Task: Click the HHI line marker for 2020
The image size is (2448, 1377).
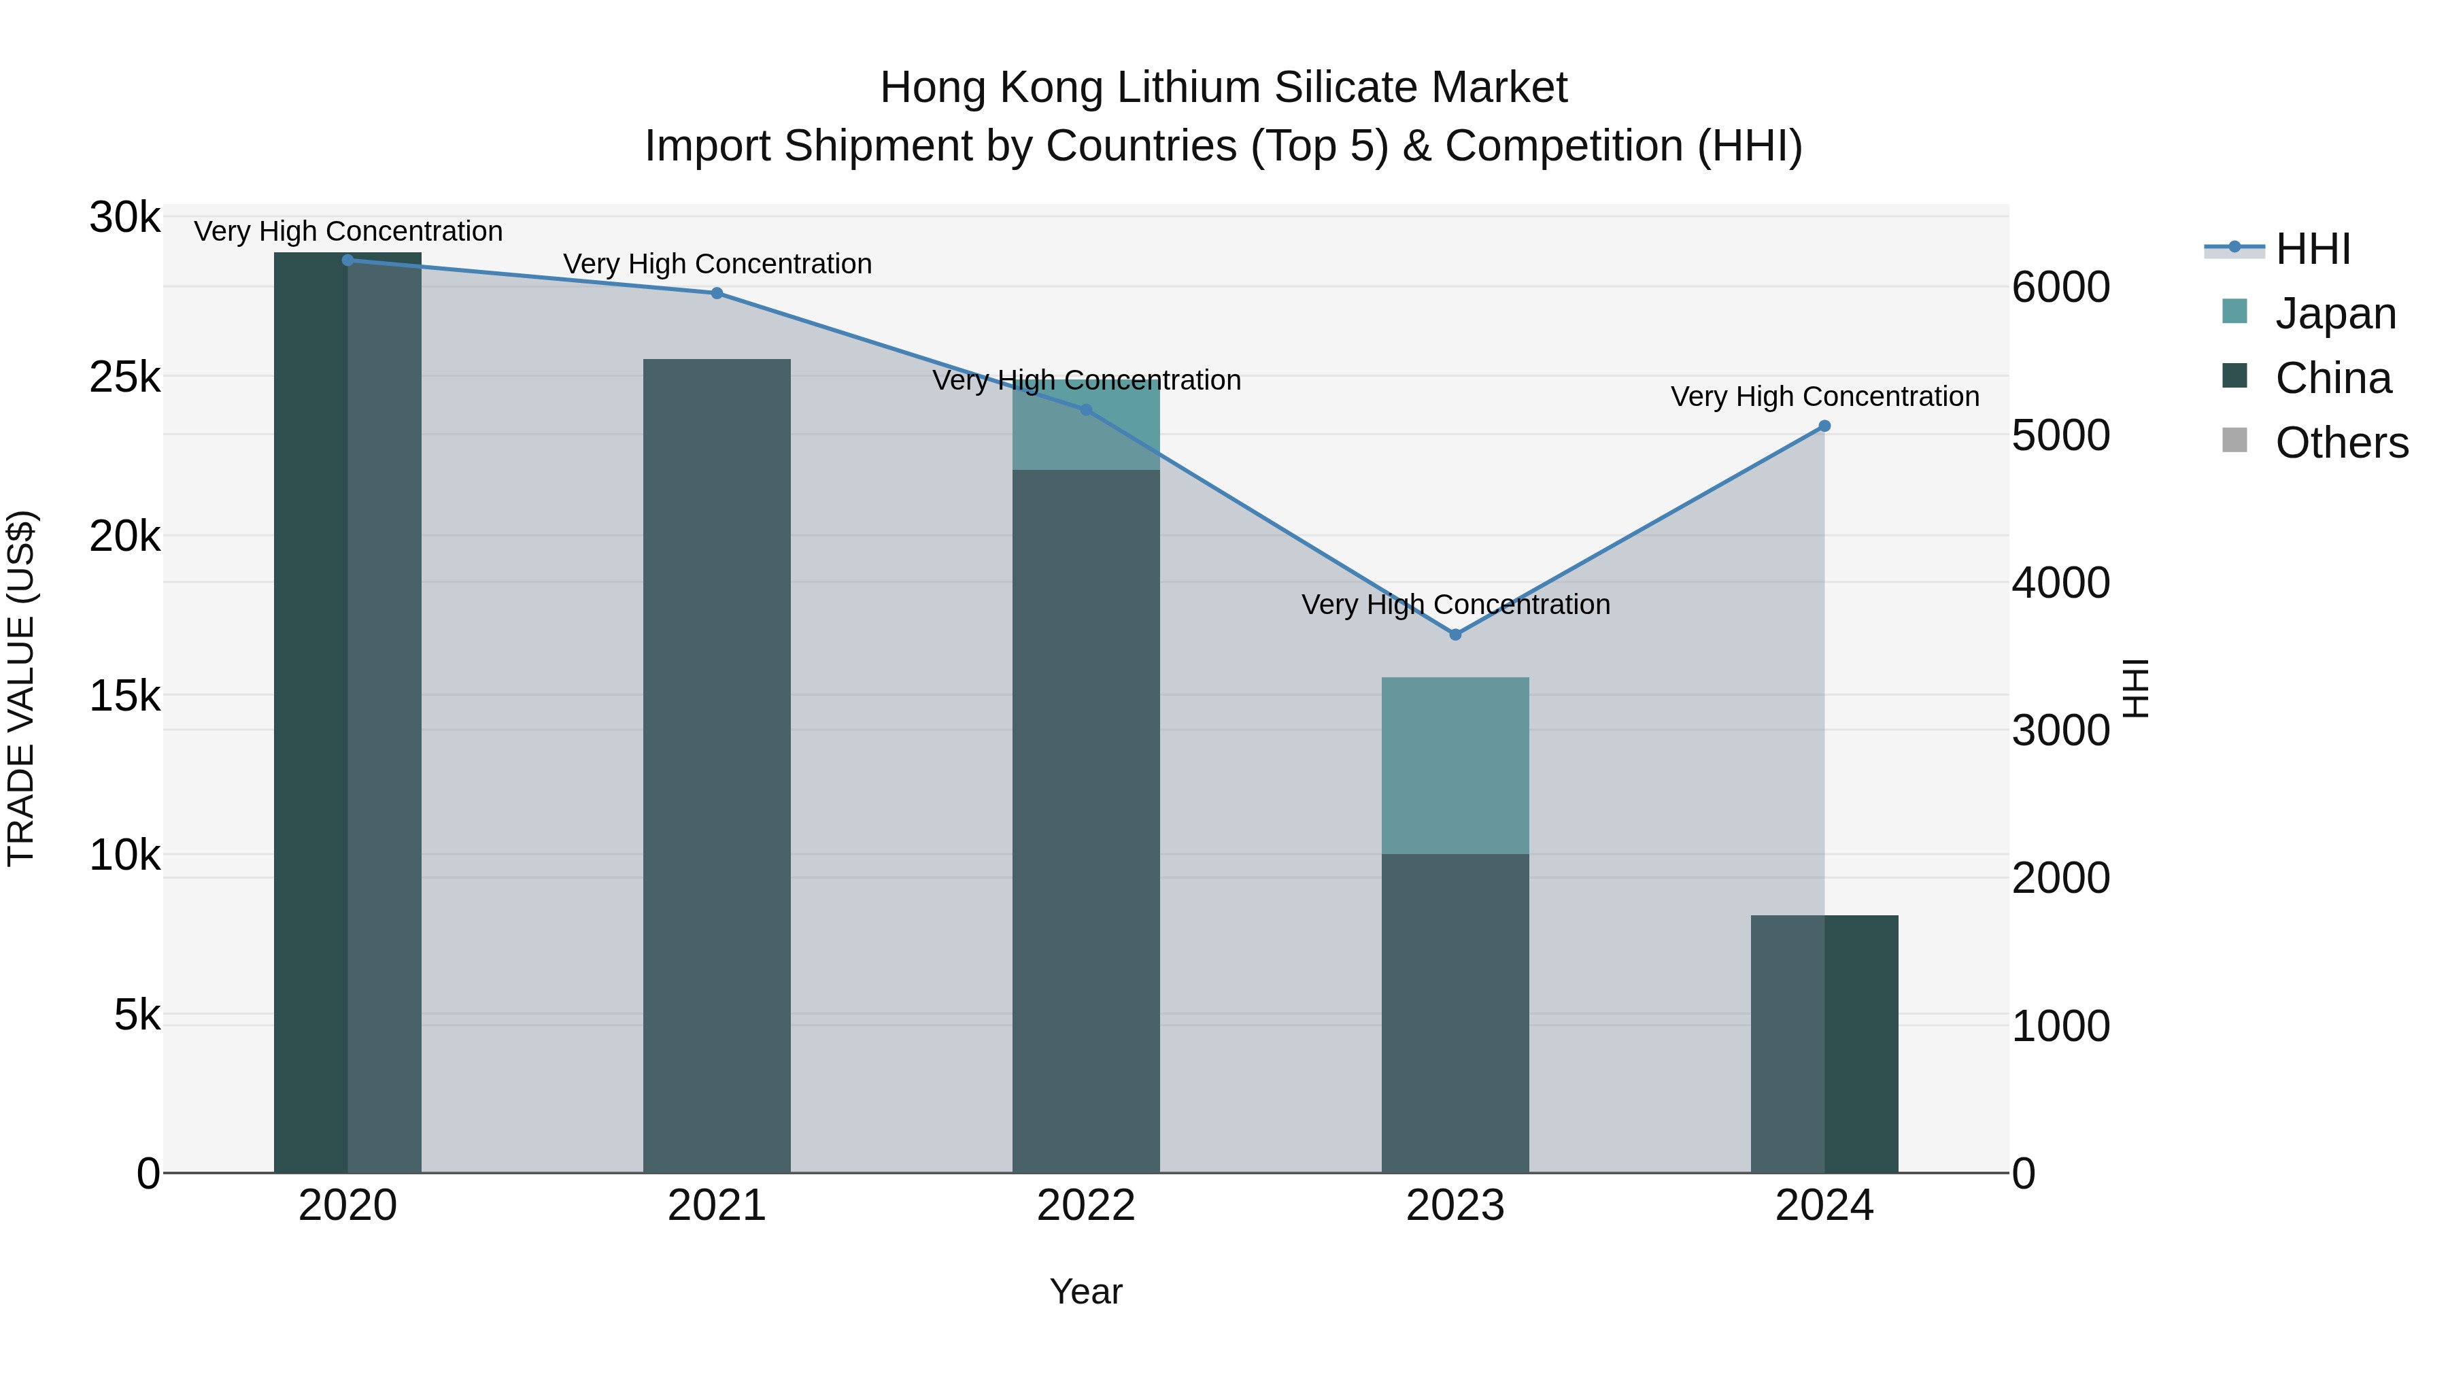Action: click(x=347, y=260)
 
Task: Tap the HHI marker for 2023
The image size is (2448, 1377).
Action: click(x=1455, y=634)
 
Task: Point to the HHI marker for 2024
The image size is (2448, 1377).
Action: click(x=1824, y=426)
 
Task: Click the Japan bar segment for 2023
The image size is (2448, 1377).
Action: click(x=1455, y=765)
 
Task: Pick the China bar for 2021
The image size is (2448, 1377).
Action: click(x=717, y=765)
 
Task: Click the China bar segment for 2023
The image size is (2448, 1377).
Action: click(x=1455, y=1012)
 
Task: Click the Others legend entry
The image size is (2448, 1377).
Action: click(x=2341, y=443)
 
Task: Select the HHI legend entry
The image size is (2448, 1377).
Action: click(x=2312, y=249)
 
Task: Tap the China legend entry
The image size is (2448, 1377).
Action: click(x=2332, y=378)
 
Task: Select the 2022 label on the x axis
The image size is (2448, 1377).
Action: click(x=1085, y=1206)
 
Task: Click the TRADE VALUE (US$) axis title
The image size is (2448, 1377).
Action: click(x=22, y=688)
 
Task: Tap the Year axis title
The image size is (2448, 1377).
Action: click(x=1085, y=1291)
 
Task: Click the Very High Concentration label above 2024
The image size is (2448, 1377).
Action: click(x=1824, y=396)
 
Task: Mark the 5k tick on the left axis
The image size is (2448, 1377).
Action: click(x=137, y=1015)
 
